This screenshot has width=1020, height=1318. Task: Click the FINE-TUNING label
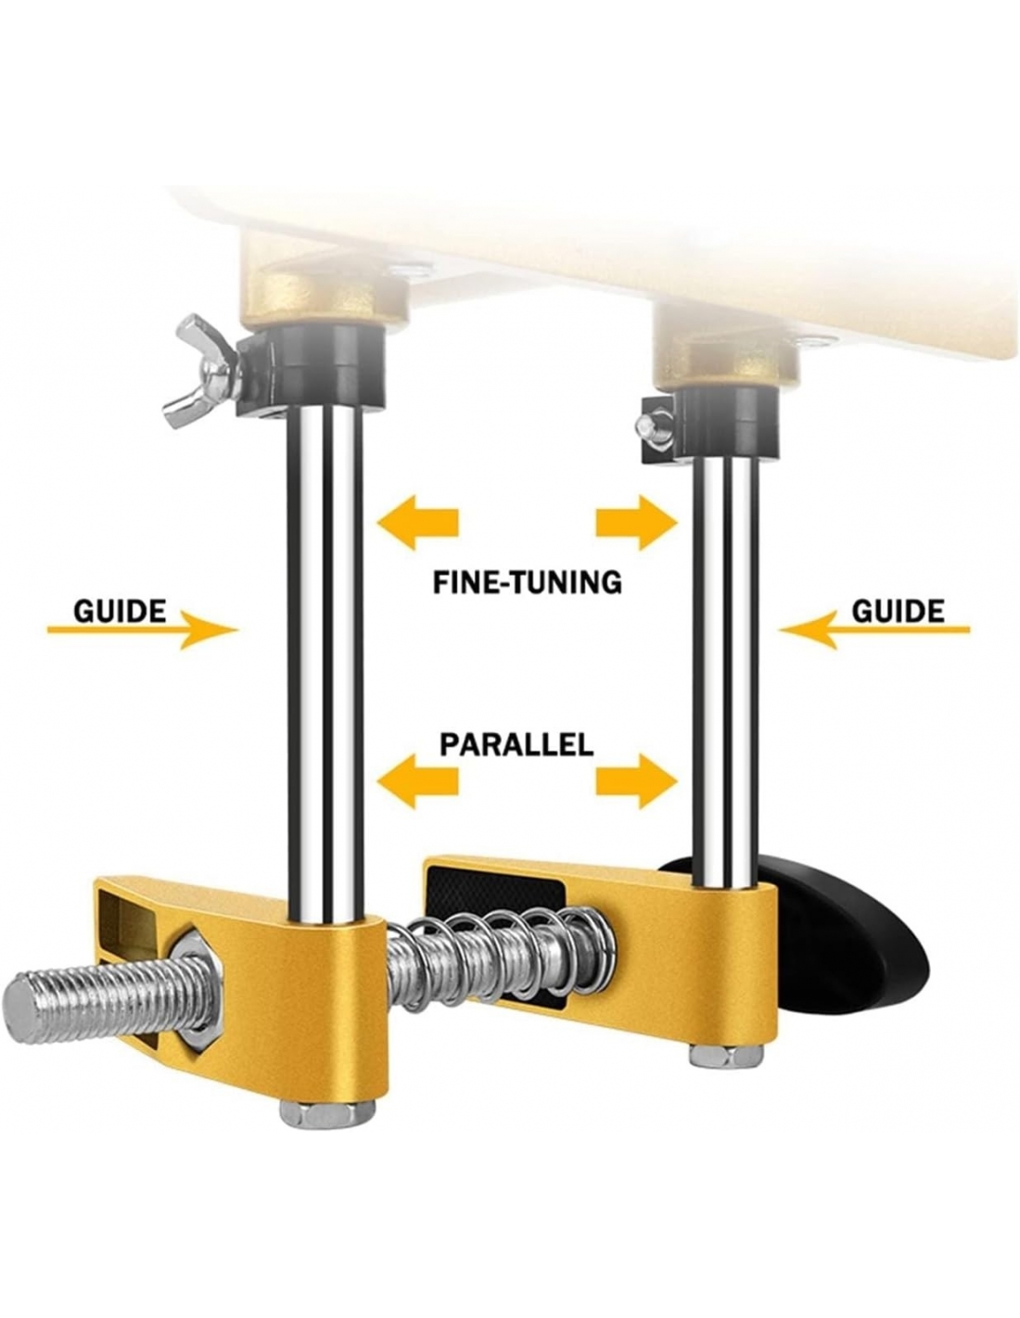(x=527, y=582)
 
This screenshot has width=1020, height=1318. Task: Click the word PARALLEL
(x=516, y=744)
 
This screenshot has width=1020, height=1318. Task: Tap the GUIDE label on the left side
(x=120, y=611)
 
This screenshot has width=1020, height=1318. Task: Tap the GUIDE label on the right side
(x=898, y=611)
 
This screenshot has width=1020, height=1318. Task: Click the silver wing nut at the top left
(x=200, y=370)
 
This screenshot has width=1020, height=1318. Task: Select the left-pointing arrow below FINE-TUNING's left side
(x=417, y=521)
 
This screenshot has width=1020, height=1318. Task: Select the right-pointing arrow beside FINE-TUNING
(x=636, y=521)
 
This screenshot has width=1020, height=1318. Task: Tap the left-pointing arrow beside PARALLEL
(x=417, y=780)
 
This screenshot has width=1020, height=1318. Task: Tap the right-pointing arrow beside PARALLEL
(x=636, y=780)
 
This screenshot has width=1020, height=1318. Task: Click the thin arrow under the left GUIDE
(x=143, y=629)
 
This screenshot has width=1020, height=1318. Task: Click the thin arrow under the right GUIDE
(x=874, y=629)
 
